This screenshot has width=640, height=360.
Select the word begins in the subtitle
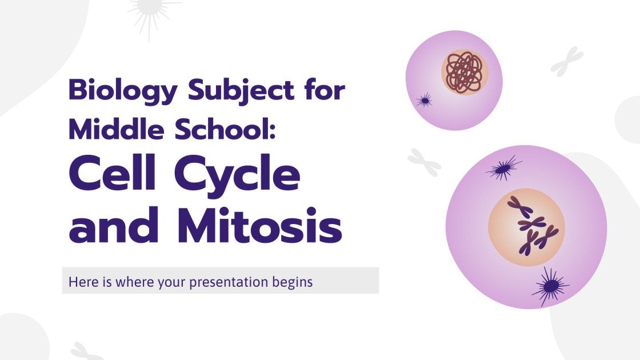(x=293, y=282)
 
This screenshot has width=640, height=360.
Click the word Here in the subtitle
(x=81, y=282)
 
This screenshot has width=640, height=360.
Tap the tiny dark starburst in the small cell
(x=423, y=101)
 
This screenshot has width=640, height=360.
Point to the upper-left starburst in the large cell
(x=503, y=167)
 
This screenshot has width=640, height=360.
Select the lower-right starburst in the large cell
(x=550, y=286)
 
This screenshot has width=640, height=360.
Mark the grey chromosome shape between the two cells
(x=424, y=162)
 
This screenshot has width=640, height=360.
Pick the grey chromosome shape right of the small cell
(x=566, y=62)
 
